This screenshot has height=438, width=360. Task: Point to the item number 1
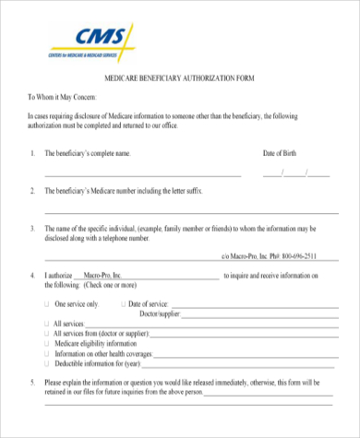32,153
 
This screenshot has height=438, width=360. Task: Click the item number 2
32,191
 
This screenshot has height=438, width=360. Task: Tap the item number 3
32,228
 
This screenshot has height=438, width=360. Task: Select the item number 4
32,276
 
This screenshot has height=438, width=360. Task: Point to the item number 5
32,382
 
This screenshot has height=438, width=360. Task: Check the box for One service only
48,303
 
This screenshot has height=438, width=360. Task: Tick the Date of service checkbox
122,303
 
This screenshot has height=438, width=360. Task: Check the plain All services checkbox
48,324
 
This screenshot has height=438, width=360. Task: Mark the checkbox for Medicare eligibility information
48,343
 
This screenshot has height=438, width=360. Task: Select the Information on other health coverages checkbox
48,353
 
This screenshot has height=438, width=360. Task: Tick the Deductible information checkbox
48,363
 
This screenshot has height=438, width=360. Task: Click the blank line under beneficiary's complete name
143,173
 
